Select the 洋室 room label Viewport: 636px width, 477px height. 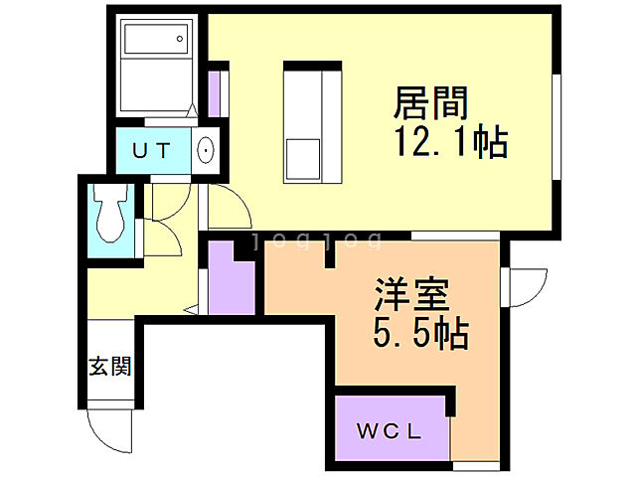[412, 296]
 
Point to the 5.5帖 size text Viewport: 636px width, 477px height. [422, 334]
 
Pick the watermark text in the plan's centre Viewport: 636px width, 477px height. [316, 239]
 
